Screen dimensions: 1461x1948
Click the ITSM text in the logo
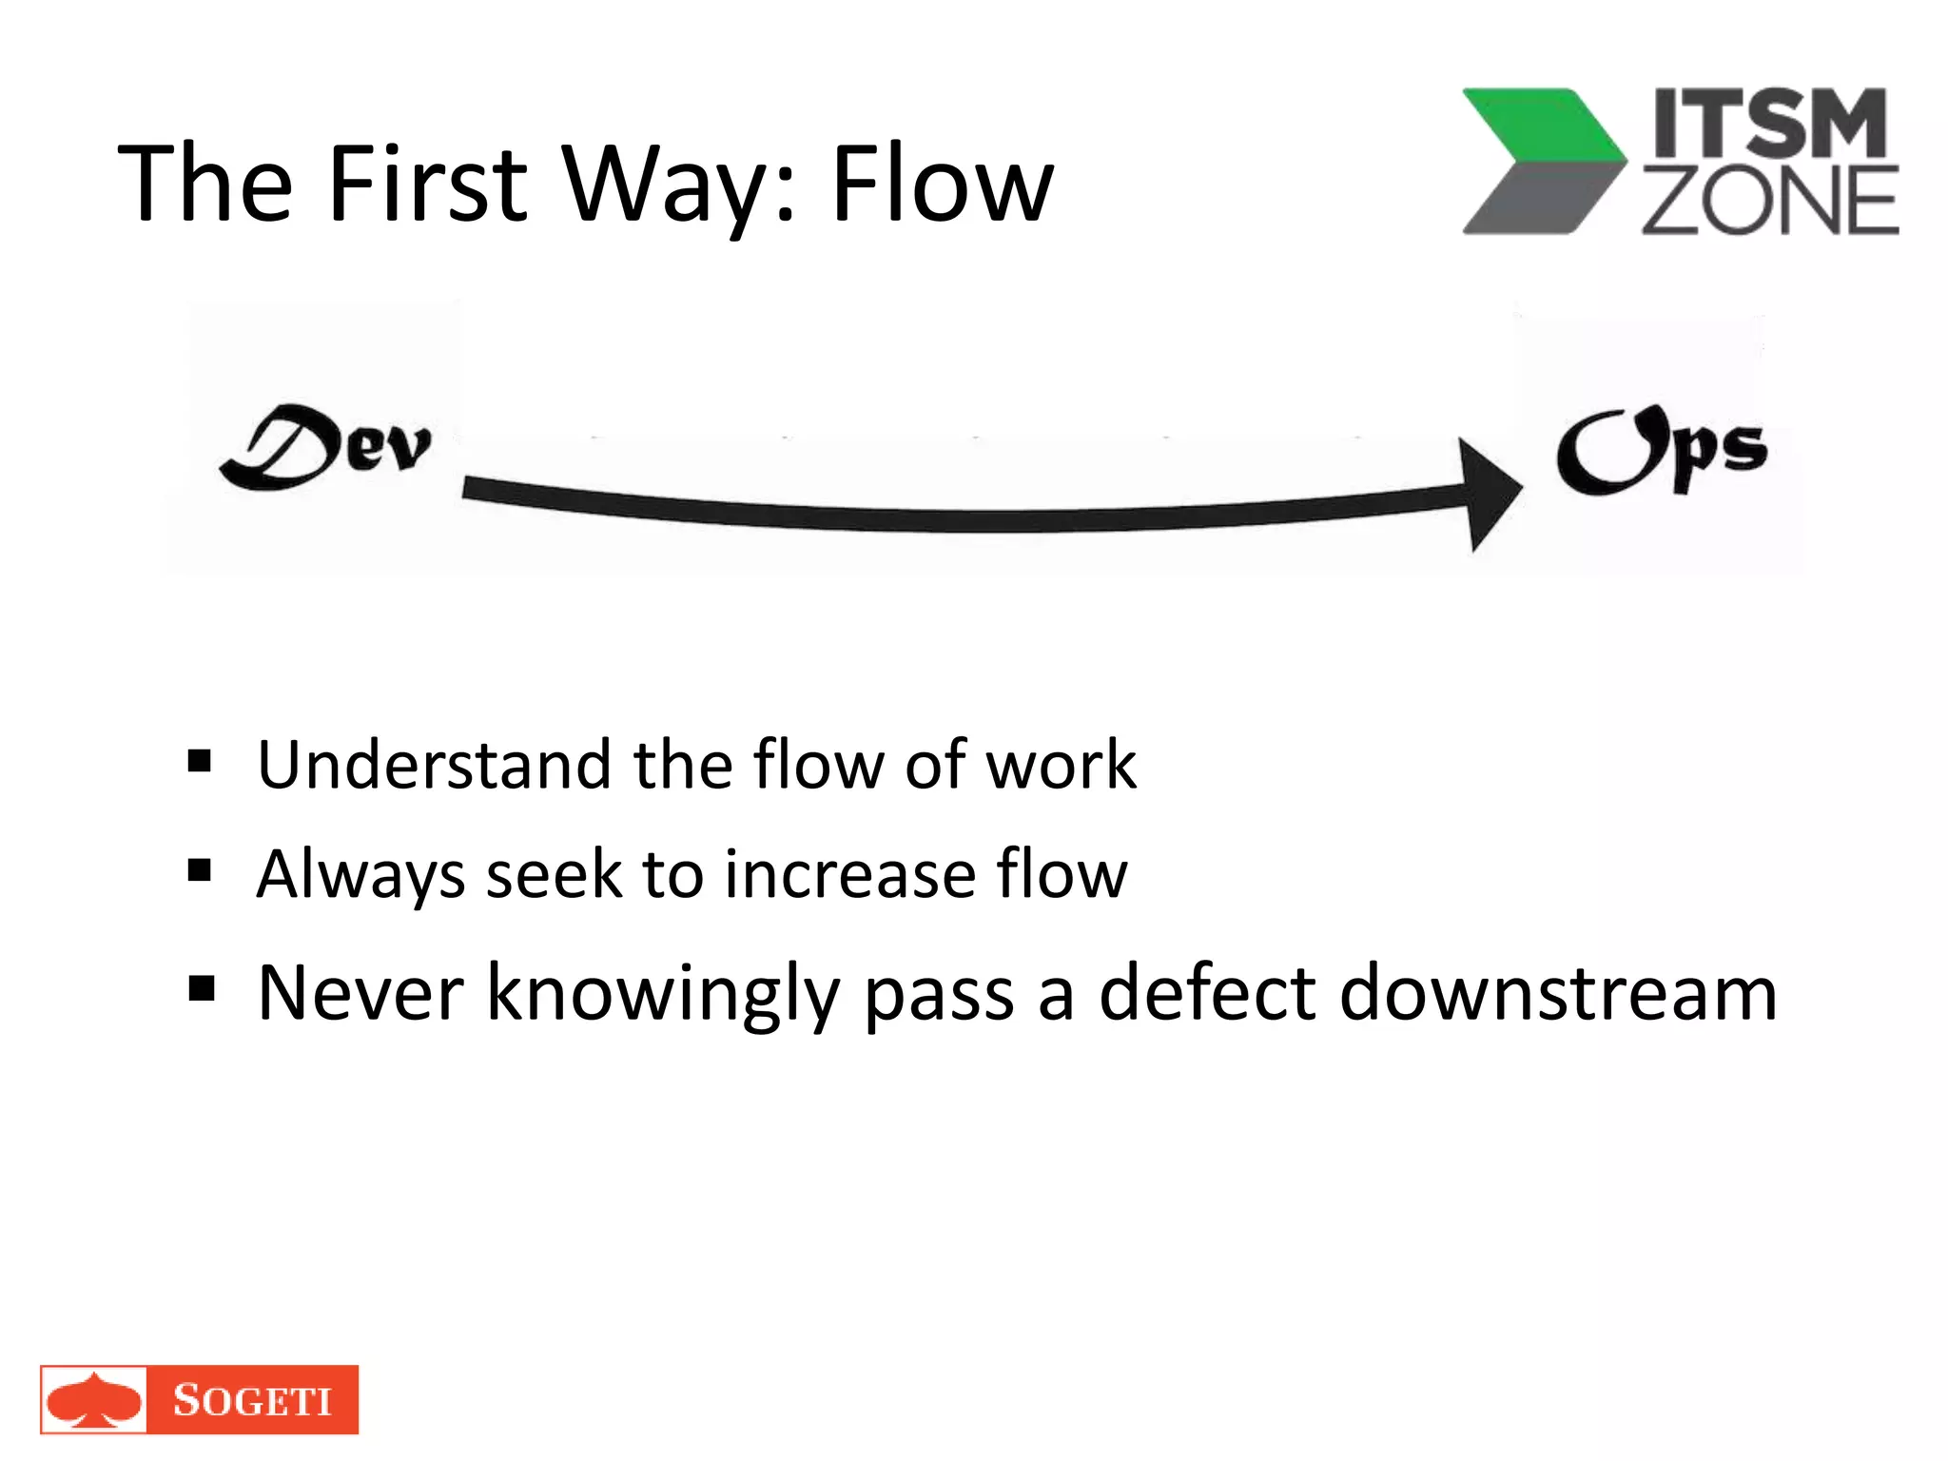[1769, 124]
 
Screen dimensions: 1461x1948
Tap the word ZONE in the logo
[1769, 201]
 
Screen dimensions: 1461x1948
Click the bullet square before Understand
[200, 762]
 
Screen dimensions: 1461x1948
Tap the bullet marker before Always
[200, 870]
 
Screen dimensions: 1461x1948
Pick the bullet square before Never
[201, 989]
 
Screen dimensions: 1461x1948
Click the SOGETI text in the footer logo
[252, 1400]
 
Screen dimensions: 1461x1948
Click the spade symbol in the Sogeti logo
[93, 1400]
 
